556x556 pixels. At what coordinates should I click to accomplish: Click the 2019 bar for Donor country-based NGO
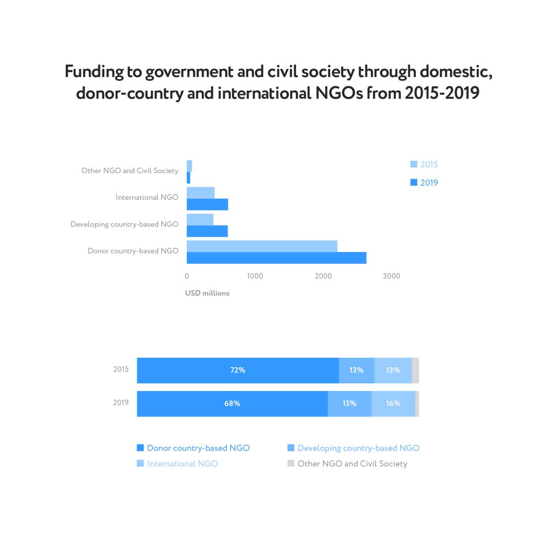[x=276, y=258]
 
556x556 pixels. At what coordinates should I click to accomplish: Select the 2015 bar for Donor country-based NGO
[x=262, y=246]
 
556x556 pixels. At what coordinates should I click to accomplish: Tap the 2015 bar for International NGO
[x=200, y=193]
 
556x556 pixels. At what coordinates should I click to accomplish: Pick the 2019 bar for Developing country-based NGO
[x=207, y=231]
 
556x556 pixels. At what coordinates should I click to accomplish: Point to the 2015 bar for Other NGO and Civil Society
[x=189, y=166]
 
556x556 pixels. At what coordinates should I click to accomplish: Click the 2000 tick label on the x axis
[x=323, y=276]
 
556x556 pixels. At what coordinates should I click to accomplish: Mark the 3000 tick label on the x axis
[x=391, y=276]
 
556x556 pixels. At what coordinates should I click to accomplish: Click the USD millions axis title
[x=207, y=293]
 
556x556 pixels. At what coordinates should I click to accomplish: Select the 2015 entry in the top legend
[x=424, y=165]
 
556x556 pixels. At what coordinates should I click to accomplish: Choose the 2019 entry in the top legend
[x=424, y=182]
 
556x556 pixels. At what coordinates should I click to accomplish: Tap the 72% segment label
[x=237, y=370]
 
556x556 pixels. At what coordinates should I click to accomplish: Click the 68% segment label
[x=232, y=403]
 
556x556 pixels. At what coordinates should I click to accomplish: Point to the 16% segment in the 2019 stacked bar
[x=393, y=403]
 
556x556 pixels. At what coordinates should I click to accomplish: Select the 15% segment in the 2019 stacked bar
[x=349, y=403]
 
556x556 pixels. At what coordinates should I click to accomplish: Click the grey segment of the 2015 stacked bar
[x=415, y=370]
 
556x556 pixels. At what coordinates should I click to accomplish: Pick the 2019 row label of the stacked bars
[x=121, y=402]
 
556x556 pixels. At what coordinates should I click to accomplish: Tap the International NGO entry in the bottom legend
[x=182, y=464]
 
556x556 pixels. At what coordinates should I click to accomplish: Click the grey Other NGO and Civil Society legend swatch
[x=290, y=463]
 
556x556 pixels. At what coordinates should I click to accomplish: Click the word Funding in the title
[x=92, y=72]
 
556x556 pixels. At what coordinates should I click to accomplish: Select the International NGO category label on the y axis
[x=147, y=197]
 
